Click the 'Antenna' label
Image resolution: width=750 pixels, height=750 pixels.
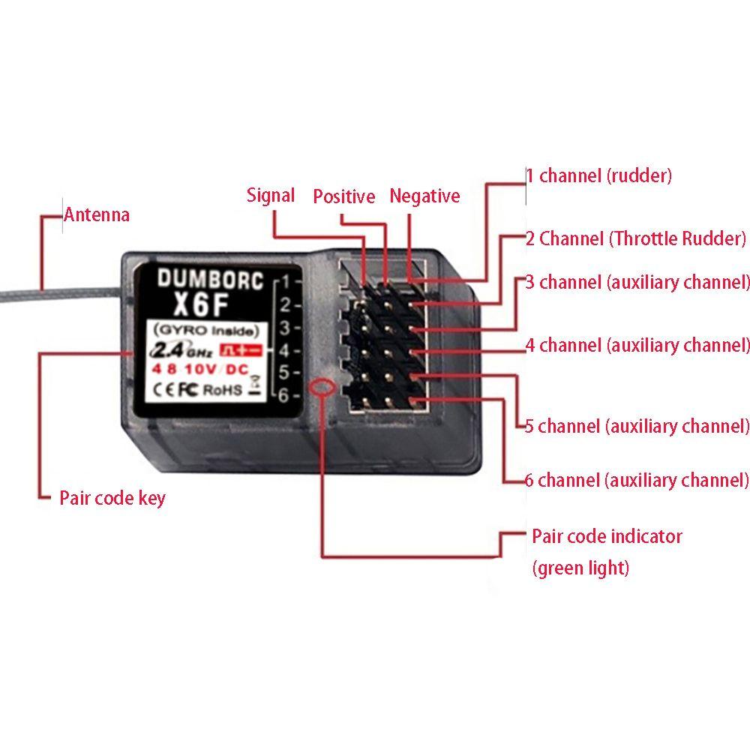97,214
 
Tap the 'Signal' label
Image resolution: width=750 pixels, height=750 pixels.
271,195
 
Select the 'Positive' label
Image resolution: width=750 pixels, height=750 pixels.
344,196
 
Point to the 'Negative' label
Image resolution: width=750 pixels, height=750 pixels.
424,196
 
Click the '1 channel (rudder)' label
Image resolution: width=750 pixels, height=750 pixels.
598,175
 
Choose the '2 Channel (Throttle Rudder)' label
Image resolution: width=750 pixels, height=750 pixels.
636,238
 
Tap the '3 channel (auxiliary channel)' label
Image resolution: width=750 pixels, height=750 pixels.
637,282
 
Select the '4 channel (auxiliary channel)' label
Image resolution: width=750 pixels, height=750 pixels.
637,345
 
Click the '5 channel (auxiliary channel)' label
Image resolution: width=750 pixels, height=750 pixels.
637,426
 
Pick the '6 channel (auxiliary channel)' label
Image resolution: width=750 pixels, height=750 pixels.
637,480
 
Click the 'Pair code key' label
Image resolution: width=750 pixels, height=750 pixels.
112,499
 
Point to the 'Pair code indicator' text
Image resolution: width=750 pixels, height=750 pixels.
607,536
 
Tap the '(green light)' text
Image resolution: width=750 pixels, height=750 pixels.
580,568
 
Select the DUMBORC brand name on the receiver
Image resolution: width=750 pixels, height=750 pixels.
211,279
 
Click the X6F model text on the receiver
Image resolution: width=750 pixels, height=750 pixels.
200,304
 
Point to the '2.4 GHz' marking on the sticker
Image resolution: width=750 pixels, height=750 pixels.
181,350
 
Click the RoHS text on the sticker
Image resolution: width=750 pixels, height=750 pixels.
223,390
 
